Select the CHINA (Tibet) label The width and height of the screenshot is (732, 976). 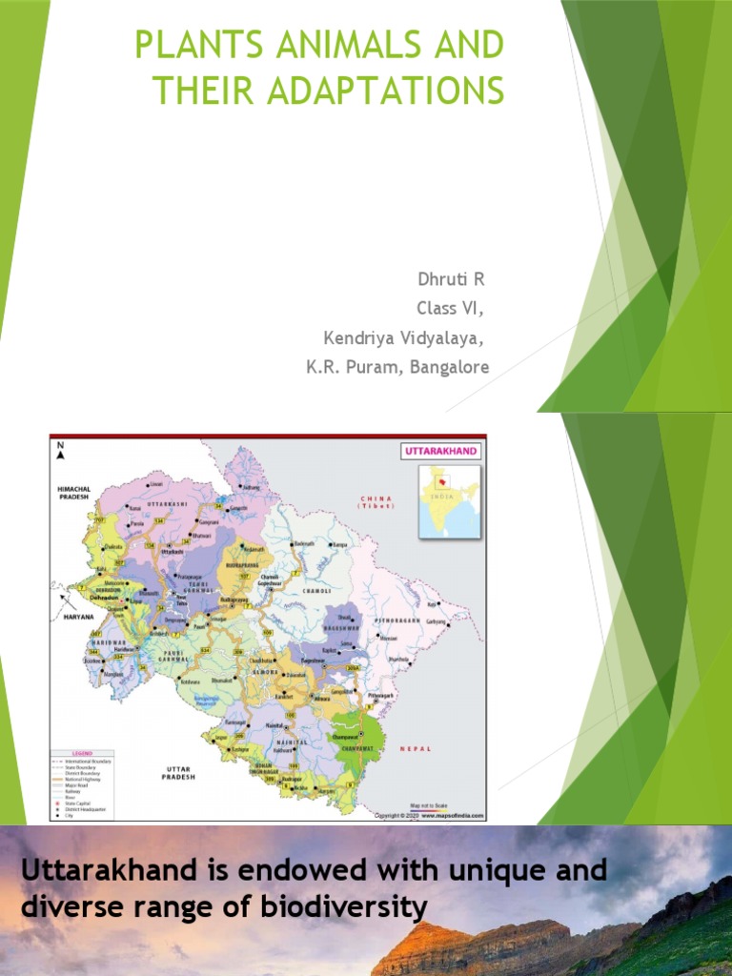click(376, 501)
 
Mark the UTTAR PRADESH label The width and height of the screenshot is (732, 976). click(179, 772)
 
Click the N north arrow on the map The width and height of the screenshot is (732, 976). click(59, 447)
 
